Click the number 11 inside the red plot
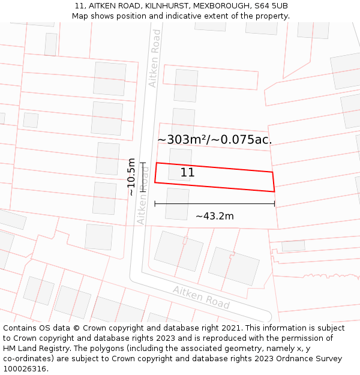coord(187,173)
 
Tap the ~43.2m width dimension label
coord(214,216)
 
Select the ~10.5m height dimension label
coord(131,176)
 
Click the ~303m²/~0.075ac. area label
coord(214,140)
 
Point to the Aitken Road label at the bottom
coord(201,297)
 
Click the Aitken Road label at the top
coord(155,58)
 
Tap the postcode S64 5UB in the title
coord(271,5)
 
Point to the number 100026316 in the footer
coord(25,369)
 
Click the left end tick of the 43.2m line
coord(155,204)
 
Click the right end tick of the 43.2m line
coord(275,204)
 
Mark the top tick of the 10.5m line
coord(143,163)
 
